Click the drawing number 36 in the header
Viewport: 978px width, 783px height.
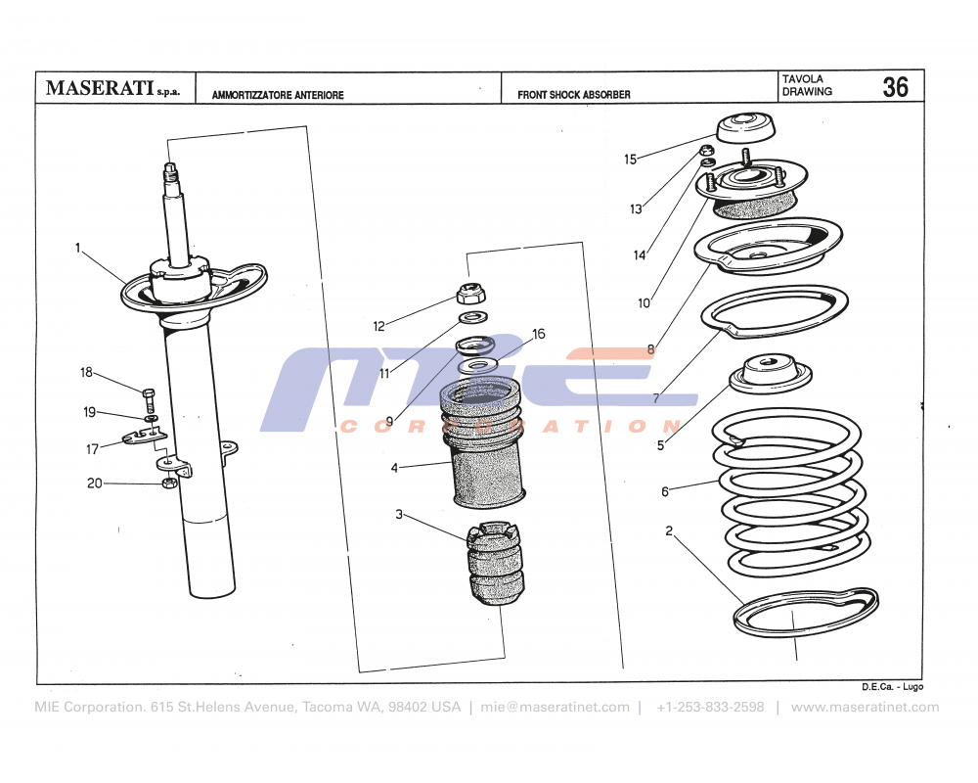(x=894, y=87)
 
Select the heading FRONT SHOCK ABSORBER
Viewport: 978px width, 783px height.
(x=574, y=95)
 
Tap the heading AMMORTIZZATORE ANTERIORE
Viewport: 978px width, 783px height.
(x=278, y=96)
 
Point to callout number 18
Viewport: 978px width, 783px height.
(x=86, y=372)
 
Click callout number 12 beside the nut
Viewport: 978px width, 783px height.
(x=379, y=326)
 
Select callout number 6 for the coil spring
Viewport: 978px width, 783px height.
(x=665, y=491)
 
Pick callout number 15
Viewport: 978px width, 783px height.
(x=630, y=159)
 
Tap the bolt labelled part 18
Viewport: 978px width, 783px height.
(x=149, y=399)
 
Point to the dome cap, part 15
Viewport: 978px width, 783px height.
(x=747, y=128)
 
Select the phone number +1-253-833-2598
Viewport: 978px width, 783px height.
(x=710, y=707)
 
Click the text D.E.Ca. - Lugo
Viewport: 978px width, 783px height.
(x=892, y=687)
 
